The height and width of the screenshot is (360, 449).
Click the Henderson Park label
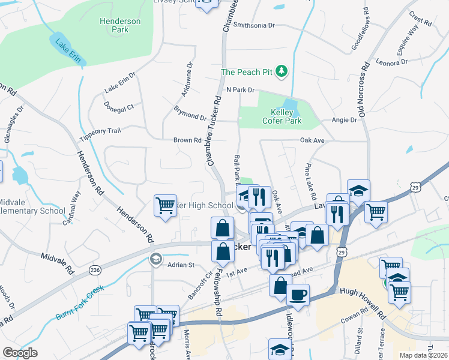(x=120, y=25)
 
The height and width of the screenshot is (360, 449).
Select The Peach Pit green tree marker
(x=282, y=72)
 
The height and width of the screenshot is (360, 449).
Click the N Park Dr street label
(x=240, y=89)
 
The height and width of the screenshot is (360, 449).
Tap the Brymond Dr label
(x=190, y=113)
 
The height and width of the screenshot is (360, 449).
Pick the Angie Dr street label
(x=344, y=120)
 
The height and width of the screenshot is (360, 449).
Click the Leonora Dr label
(x=391, y=62)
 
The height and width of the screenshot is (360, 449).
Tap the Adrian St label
(x=181, y=265)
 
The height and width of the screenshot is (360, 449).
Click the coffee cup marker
(x=298, y=295)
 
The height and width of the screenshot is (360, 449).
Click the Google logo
(x=20, y=352)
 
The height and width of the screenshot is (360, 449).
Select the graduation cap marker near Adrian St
(x=155, y=259)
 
